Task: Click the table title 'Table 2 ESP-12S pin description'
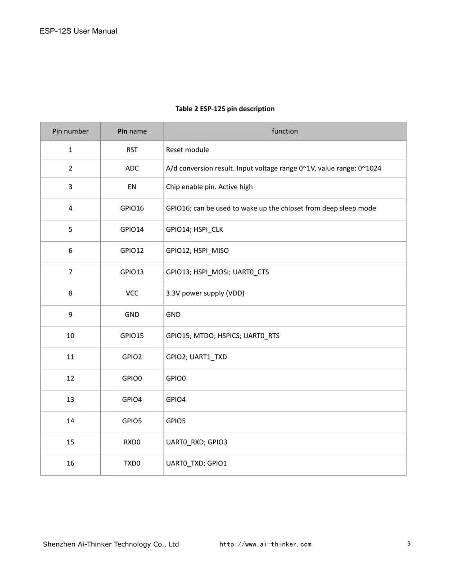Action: pos(225,109)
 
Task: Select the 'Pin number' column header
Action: pos(70,131)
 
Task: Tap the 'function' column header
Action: pos(285,131)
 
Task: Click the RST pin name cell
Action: pos(132,150)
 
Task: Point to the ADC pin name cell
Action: pos(132,168)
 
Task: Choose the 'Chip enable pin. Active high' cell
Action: pos(209,187)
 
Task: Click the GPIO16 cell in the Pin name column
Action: pos(132,208)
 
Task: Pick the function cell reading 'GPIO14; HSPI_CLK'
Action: pos(194,229)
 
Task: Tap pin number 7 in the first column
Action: pos(70,272)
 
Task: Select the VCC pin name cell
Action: pos(132,293)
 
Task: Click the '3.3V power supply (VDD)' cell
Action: pos(205,293)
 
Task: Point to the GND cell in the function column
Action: pos(173,315)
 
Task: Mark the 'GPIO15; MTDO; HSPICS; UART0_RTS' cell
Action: pos(223,336)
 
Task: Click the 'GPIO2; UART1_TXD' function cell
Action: pos(197,357)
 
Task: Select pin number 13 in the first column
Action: pos(70,400)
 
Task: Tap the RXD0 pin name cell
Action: pos(132,442)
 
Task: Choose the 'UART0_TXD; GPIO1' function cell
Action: pos(197,463)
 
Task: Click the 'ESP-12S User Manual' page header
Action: pos(78,31)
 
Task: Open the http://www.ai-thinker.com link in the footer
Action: pos(265,544)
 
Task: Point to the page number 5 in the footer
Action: pos(409,544)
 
